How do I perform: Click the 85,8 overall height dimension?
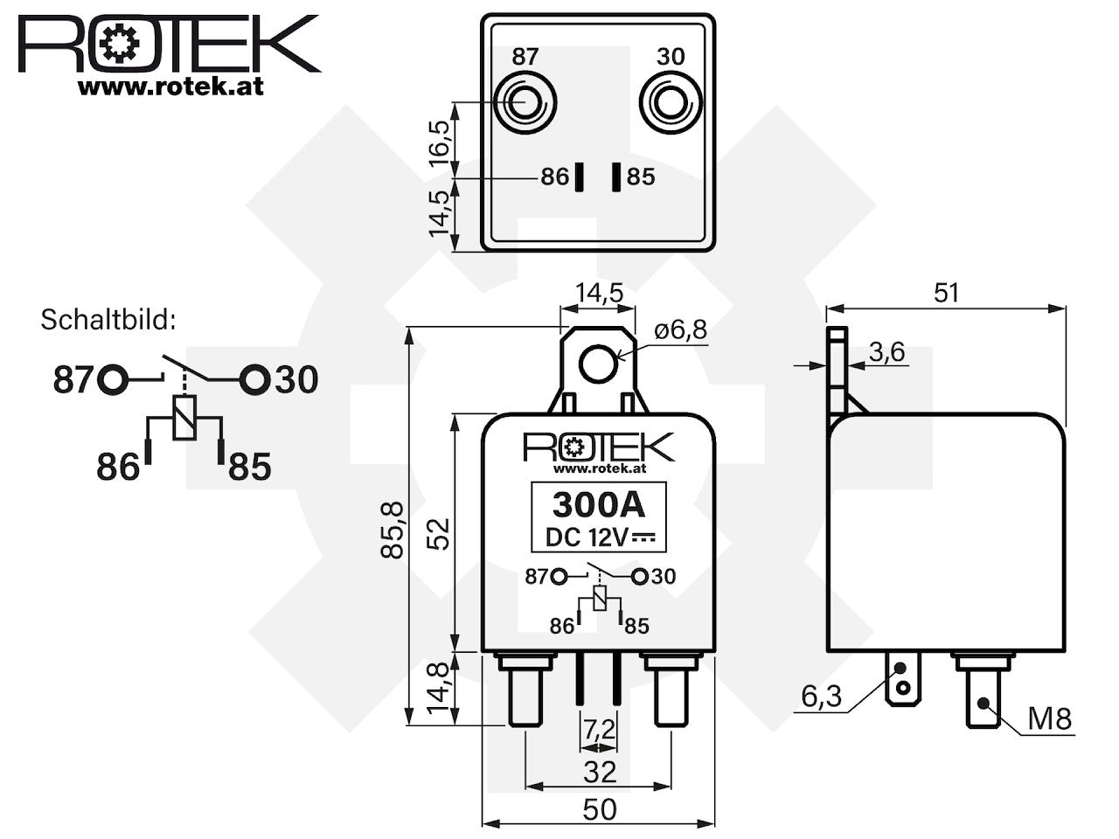click(392, 530)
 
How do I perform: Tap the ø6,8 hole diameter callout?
click(680, 330)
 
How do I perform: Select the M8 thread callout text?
click(1050, 718)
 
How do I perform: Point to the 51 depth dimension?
click(946, 293)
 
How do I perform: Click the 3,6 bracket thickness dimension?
click(887, 352)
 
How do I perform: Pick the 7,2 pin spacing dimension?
click(600, 730)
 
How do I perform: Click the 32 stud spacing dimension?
click(600, 773)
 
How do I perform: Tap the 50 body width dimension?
click(600, 810)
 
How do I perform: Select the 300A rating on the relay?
click(599, 504)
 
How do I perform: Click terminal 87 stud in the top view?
click(525, 103)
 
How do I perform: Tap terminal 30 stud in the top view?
click(671, 103)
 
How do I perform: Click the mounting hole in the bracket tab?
click(599, 364)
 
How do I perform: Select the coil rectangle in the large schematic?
click(184, 417)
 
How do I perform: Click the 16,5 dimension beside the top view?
click(439, 144)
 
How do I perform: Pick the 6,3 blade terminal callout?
click(822, 696)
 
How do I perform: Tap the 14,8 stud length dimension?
click(439, 688)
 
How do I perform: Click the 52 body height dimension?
click(439, 533)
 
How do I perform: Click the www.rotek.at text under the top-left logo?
click(170, 87)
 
